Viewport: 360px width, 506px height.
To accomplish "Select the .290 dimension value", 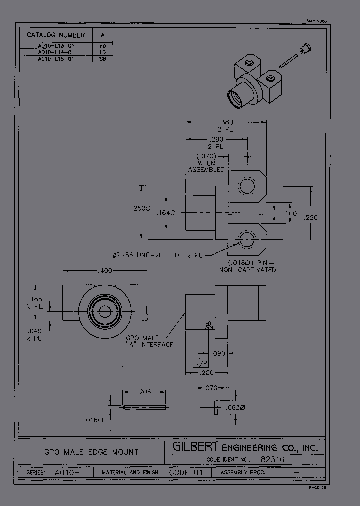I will (216, 139).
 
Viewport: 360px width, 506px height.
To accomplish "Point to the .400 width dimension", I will (105, 270).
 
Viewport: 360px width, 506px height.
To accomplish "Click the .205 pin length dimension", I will (144, 392).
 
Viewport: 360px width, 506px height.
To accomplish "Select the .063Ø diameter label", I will (235, 408).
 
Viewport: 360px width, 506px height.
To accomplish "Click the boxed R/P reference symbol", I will (200, 362).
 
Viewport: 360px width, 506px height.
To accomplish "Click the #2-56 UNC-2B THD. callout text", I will (157, 255).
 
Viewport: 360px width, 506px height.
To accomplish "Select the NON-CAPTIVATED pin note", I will (248, 270).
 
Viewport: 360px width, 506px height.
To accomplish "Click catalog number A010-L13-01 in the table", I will (56, 45).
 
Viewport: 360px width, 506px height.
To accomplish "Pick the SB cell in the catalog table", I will (102, 59).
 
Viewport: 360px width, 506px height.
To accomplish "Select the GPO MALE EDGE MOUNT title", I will (91, 451).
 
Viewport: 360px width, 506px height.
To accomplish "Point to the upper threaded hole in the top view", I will (246, 186).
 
